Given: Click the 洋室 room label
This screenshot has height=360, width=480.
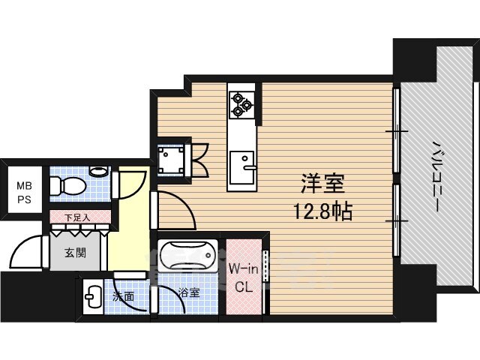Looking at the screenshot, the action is (x=323, y=183).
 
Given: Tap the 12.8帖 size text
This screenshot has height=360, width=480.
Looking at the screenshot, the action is (x=323, y=211).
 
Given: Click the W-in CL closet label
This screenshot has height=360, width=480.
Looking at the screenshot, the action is (x=244, y=278).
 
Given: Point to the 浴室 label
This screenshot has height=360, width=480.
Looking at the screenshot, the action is (x=189, y=292).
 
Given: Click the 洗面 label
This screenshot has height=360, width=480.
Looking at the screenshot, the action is (x=123, y=296).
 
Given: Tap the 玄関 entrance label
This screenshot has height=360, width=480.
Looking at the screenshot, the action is (x=75, y=253).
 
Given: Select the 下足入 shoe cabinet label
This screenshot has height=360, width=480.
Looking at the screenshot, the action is (x=77, y=217).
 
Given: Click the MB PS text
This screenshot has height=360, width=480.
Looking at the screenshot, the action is (x=24, y=193).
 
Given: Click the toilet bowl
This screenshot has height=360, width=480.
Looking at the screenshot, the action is (x=68, y=186).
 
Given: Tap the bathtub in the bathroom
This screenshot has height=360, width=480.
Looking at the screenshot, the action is (x=188, y=255).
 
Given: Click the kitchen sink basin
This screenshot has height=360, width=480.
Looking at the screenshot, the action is (x=241, y=167).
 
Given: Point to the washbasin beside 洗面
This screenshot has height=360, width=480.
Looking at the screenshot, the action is (x=93, y=297).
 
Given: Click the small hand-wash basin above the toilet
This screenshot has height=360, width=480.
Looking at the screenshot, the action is (x=100, y=171).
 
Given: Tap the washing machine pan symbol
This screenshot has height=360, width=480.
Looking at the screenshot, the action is (x=171, y=160).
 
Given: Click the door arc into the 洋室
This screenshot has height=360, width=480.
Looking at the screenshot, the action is (x=184, y=201).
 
